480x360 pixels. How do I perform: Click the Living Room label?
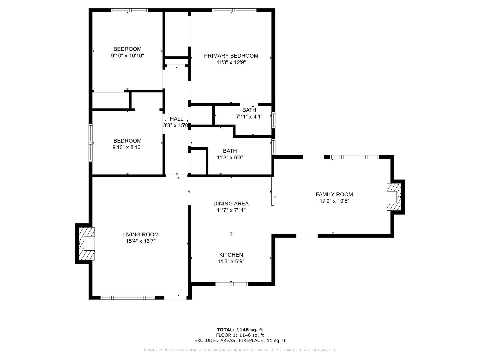click(140, 235)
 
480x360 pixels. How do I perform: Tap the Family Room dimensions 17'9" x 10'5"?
click(334, 201)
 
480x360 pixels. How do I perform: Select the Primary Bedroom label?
click(231, 56)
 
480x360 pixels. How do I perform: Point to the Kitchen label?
click(231, 255)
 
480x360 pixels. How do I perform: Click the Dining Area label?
click(231, 203)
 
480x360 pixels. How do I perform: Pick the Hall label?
click(176, 119)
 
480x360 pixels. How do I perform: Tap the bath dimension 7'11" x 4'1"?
click(249, 117)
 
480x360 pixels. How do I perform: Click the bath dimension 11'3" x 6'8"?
click(230, 157)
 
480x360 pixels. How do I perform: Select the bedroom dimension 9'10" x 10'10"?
click(127, 56)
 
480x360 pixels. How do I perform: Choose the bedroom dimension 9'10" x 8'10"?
click(127, 147)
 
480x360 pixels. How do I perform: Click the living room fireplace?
click(87, 244)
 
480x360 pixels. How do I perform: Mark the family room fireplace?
click(394, 197)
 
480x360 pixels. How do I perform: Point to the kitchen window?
click(232, 284)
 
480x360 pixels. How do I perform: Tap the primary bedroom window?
click(234, 10)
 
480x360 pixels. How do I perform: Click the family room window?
click(354, 157)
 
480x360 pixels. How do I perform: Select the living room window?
click(127, 297)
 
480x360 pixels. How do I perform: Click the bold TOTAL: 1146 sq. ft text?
click(240, 330)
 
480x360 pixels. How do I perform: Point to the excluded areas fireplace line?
click(240, 340)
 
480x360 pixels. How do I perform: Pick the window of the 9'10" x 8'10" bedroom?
click(91, 143)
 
